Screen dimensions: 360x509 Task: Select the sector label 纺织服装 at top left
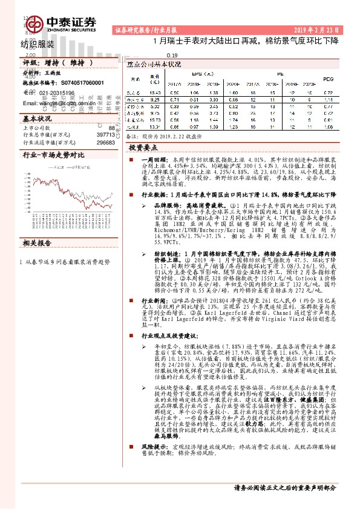(x=38, y=44)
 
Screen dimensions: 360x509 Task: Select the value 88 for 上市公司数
(x=111, y=129)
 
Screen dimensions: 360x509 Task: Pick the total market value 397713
(x=106, y=135)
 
